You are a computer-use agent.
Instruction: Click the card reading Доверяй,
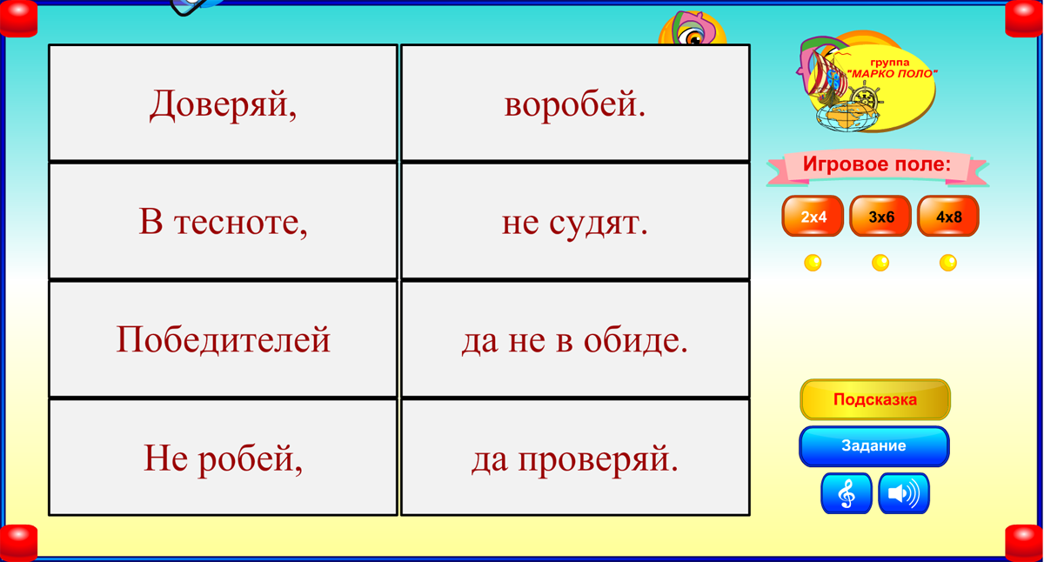tap(223, 104)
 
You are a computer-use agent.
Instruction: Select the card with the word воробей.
tap(575, 104)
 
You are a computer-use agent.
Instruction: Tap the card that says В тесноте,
tap(223, 221)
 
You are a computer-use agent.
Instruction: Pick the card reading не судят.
tap(575, 221)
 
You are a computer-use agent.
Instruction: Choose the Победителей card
tap(223, 339)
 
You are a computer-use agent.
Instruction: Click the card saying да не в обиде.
tap(575, 339)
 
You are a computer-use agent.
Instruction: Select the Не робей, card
tap(223, 458)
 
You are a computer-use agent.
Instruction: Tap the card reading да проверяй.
tap(575, 458)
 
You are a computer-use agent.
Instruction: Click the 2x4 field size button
tap(813, 217)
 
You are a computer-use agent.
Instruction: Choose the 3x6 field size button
tap(880, 217)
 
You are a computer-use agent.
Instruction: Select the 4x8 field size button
tap(948, 217)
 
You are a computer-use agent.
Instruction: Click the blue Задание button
tap(874, 446)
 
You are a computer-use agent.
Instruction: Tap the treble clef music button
tap(847, 493)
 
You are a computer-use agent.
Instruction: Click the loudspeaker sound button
tap(904, 493)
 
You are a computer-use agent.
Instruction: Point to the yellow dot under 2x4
tap(813, 263)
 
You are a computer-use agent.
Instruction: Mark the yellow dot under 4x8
tap(948, 263)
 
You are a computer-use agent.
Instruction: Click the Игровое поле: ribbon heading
tap(877, 165)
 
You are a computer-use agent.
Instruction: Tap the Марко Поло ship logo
tap(866, 83)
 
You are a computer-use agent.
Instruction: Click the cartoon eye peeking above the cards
tap(693, 37)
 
